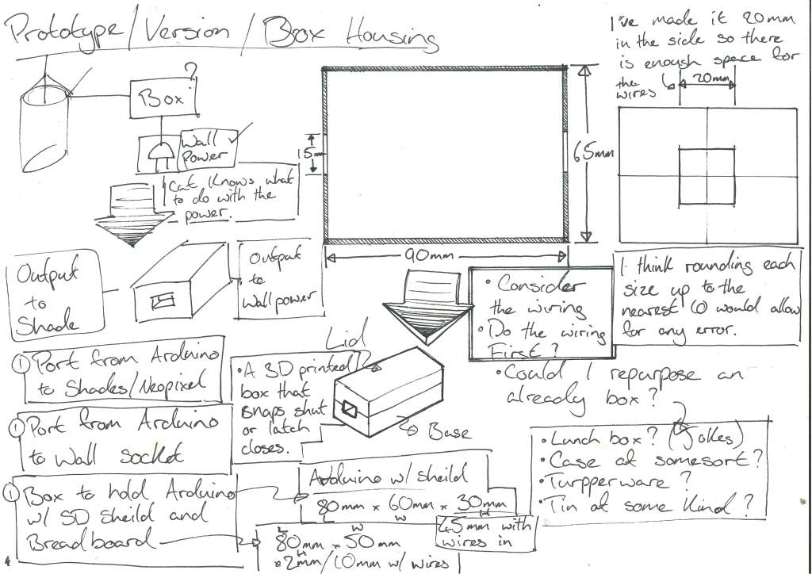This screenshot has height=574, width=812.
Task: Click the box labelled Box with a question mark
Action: point(162,98)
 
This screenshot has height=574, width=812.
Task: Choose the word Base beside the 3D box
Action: point(449,432)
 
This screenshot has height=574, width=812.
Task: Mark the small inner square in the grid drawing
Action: point(707,175)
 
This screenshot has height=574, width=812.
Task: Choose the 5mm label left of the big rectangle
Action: point(314,153)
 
